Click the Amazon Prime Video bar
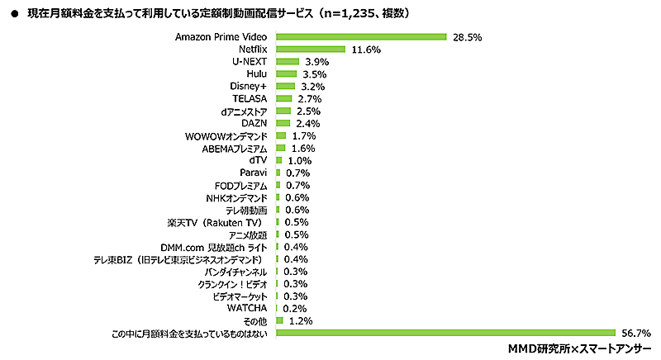coord(360,37)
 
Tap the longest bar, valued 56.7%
coord(446,333)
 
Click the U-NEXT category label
coord(250,62)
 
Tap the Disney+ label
coord(250,87)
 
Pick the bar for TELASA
coord(283,99)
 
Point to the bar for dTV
coord(278,160)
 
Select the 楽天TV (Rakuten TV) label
coord(218,222)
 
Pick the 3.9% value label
coord(316,62)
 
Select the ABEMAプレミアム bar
coord(280,148)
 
